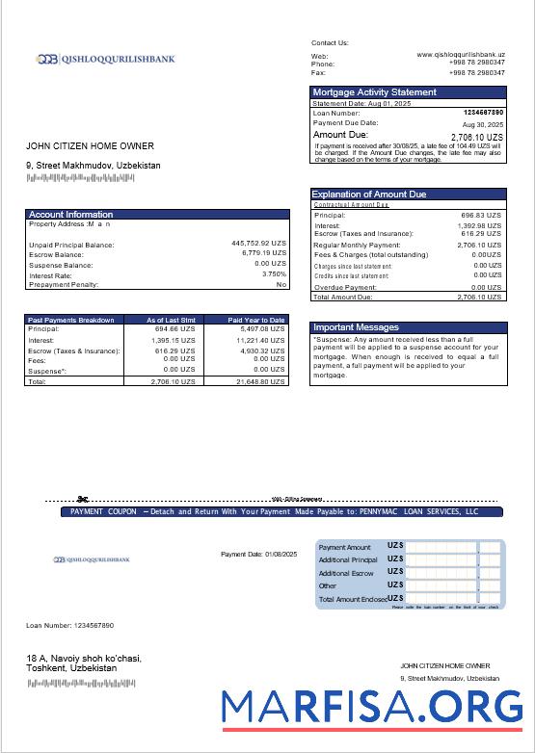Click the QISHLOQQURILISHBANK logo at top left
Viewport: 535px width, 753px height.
point(106,59)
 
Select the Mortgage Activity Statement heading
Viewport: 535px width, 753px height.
point(374,92)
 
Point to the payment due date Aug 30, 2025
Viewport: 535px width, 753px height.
point(483,124)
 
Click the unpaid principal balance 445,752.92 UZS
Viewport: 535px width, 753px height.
point(258,244)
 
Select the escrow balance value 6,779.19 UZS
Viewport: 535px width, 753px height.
point(262,253)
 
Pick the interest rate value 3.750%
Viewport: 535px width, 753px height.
point(273,274)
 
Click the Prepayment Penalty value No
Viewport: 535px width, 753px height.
point(281,284)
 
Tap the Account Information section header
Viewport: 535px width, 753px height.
point(70,214)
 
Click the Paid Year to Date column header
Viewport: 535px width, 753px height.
point(256,320)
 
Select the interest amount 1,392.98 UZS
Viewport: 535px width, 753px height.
point(479,225)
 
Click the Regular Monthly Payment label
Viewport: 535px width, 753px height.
point(353,246)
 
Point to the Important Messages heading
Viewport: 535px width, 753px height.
point(355,327)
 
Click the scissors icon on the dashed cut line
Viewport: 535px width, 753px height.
point(83,499)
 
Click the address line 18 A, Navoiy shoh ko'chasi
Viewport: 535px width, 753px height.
point(83,659)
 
